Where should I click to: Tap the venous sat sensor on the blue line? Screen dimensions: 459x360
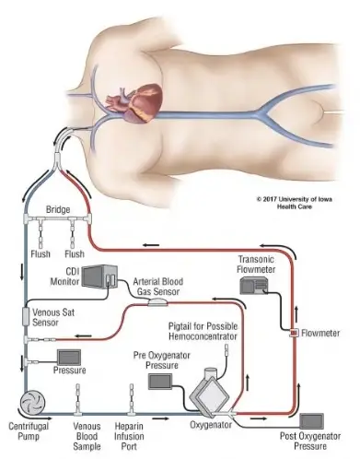tap(27, 318)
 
